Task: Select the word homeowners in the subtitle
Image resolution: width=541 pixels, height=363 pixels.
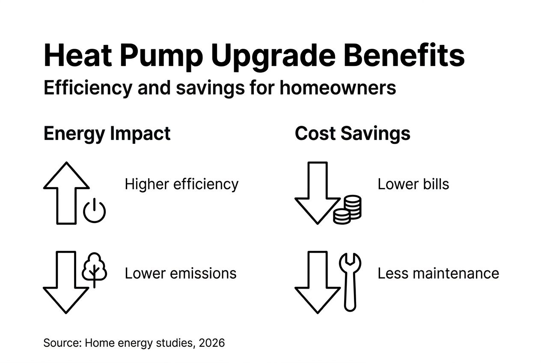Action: point(338,88)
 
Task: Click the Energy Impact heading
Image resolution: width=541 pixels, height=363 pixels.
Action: point(107,134)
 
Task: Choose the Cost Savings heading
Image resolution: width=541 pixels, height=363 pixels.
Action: point(352,134)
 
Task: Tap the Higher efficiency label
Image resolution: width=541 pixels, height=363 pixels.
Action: point(181,184)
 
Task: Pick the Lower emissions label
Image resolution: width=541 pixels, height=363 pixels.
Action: point(180,273)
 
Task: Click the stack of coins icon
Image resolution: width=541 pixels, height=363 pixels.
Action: point(347,210)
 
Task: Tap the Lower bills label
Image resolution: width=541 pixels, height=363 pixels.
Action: point(413,184)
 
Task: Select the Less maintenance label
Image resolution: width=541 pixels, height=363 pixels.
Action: point(438,273)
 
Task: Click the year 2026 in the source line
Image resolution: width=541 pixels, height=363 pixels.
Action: point(211,343)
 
